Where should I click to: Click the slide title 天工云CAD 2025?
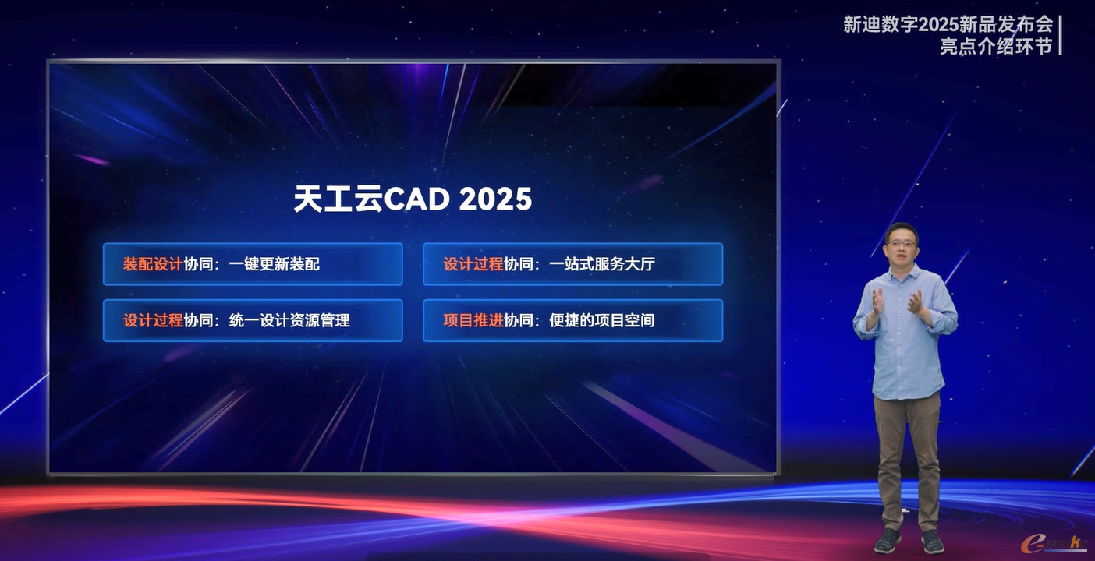coord(413,199)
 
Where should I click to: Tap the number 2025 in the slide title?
coord(496,199)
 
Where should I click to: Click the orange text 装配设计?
coord(153,264)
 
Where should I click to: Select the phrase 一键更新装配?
coord(275,264)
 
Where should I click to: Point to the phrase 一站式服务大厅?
coord(602,264)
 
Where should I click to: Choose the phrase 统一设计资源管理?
coord(289,320)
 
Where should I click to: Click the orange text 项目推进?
coord(473,320)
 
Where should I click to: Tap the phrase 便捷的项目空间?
coord(602,320)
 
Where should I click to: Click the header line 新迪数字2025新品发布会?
coord(948,24)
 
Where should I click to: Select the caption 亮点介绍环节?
coord(996,47)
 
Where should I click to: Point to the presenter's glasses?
coord(901,242)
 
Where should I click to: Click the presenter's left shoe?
coord(933,542)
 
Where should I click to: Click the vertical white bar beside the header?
coord(1060,34)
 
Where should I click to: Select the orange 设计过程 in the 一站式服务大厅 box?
coord(473,264)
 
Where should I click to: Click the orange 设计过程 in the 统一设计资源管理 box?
coord(153,320)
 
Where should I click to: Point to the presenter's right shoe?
coord(888,541)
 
